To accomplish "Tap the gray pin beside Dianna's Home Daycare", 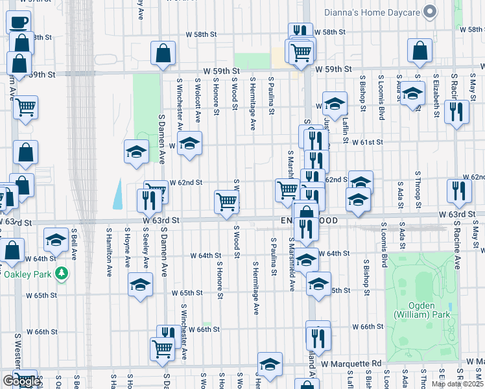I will click(429, 11).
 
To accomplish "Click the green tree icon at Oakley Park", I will click(62, 274).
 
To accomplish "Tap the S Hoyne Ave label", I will click(127, 251).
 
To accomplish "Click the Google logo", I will click(21, 381).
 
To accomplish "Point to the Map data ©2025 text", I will click(457, 384).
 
